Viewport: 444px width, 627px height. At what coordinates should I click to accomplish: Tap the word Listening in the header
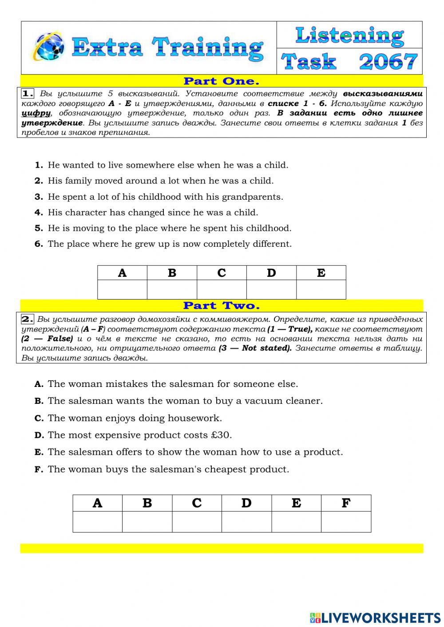[349, 35]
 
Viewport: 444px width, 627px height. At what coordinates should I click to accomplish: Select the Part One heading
[221, 81]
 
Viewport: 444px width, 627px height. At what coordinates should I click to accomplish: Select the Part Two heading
[221, 306]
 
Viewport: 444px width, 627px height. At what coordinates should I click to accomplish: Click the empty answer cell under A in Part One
[122, 289]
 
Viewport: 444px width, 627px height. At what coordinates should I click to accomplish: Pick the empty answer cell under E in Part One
[321, 289]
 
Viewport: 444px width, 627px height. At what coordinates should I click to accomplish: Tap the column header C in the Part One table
[222, 273]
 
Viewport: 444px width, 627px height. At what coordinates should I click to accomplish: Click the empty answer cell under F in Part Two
[346, 521]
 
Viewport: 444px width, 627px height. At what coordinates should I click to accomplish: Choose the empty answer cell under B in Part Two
[147, 521]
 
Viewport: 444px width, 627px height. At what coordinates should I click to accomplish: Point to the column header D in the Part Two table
[246, 503]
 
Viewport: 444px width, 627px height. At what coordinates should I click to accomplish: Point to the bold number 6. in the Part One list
[39, 244]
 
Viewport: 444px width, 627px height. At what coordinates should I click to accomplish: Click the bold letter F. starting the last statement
[39, 469]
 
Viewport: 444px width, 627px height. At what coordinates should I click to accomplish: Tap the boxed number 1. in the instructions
[28, 94]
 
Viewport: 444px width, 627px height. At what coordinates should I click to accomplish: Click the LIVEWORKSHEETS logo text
[381, 617]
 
